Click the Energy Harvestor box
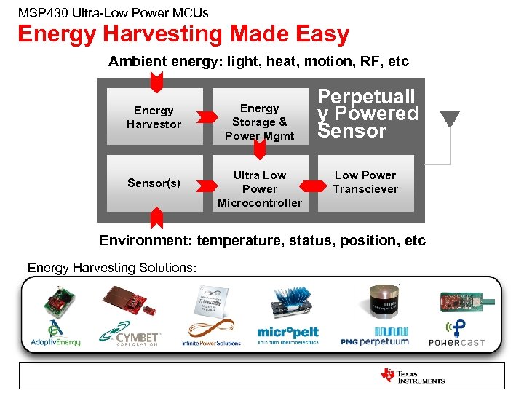154,117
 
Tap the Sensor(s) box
154,183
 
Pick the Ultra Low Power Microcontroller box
259,188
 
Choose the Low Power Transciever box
365,182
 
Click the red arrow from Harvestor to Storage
207,116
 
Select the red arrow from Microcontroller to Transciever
312,182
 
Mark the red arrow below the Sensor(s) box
154,217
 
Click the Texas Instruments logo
412,376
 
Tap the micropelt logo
287,335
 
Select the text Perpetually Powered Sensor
368,114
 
